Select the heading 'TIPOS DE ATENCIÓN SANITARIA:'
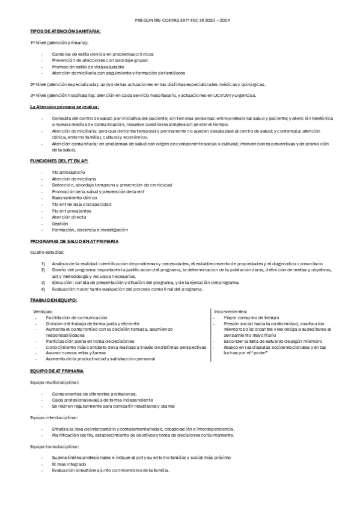click(66, 31)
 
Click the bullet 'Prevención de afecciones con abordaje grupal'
click(99, 60)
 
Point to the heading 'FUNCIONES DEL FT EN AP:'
click(58, 161)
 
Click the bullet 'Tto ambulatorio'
click(68, 173)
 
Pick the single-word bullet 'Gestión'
click(60, 224)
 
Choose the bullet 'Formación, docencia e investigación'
click(90, 229)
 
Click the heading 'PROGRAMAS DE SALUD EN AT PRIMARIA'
click(75, 241)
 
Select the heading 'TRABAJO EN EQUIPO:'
click(53, 299)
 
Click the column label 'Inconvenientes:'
click(231, 311)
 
